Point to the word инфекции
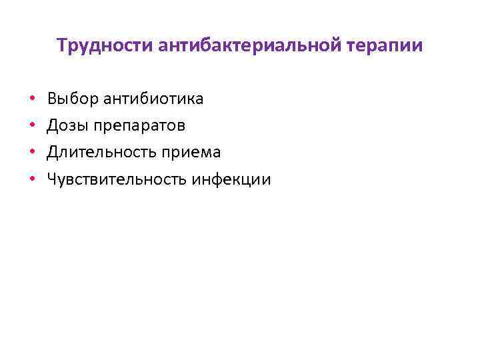tap(231, 179)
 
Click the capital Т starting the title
tap(62, 45)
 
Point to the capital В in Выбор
tap(52, 99)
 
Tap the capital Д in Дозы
tap(53, 125)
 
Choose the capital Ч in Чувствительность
tap(52, 179)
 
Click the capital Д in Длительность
tap(53, 152)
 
